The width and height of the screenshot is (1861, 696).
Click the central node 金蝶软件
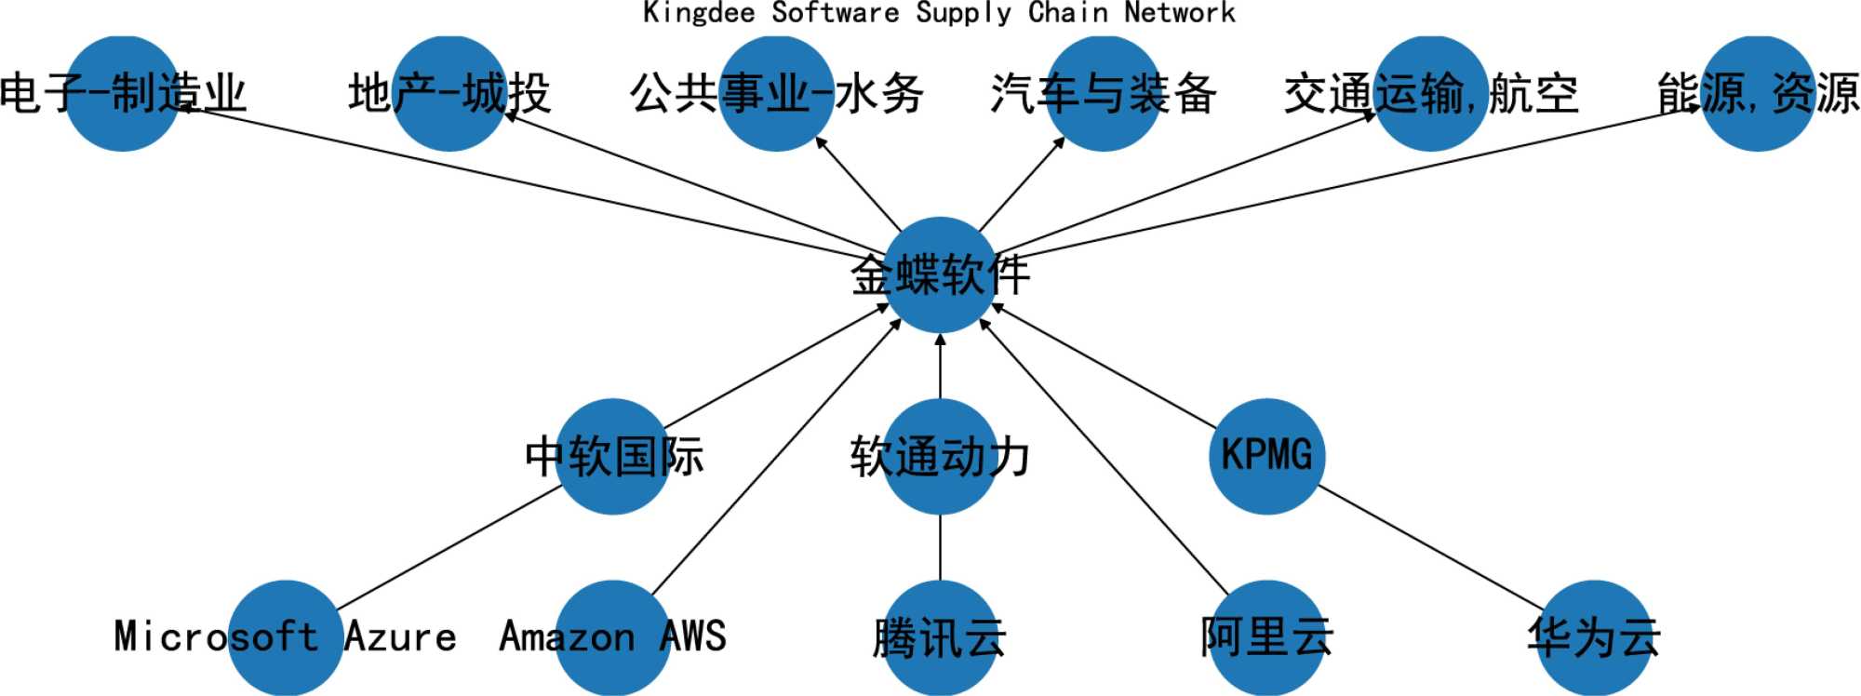tap(940, 274)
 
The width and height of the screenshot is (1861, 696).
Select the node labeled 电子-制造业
tap(122, 93)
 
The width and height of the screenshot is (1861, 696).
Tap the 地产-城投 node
tap(449, 93)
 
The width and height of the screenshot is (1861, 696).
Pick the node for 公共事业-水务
tap(776, 93)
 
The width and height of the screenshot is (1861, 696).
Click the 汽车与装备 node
tap(1104, 93)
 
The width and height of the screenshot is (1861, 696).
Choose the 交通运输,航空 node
tap(1430, 93)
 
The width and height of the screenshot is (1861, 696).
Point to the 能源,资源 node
tap(1758, 93)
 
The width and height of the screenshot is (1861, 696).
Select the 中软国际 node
tap(613, 456)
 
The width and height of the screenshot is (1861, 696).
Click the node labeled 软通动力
tap(940, 456)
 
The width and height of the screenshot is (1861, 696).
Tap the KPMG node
tap(1266, 456)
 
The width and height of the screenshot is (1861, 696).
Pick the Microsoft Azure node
tap(286, 637)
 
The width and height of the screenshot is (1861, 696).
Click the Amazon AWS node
tap(613, 637)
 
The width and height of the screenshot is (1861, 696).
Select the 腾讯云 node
tap(940, 637)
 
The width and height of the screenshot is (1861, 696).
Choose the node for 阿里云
tap(1266, 637)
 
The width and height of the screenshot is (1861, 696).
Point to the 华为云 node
tap(1594, 637)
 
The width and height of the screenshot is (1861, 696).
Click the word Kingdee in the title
tap(699, 13)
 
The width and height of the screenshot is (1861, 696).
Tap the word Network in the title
tap(1179, 13)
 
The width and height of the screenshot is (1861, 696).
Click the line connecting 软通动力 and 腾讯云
tap(940, 547)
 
